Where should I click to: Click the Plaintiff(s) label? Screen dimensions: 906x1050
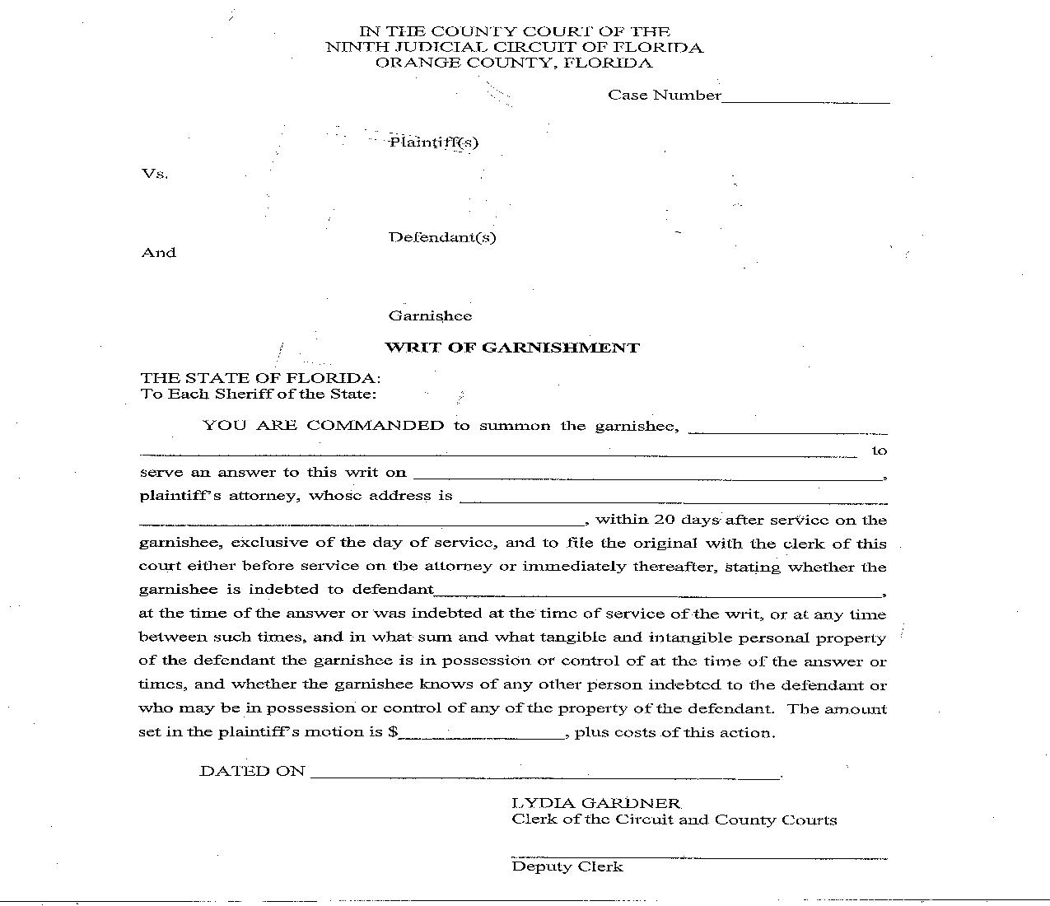(434, 142)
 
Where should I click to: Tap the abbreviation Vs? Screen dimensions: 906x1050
(155, 174)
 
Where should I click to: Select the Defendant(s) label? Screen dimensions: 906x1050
(442, 238)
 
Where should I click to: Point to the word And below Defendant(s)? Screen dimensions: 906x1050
(159, 253)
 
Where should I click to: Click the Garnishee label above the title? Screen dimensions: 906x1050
(430, 316)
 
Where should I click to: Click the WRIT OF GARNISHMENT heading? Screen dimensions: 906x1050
(512, 348)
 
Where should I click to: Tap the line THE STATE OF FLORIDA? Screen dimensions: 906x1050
(260, 378)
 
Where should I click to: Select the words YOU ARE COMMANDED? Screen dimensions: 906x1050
(323, 426)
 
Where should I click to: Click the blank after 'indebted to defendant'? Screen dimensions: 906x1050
(658, 593)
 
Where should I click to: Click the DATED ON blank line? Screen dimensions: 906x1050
(544, 775)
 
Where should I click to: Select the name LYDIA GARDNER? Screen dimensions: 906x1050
(596, 803)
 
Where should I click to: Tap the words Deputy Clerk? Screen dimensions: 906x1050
(567, 866)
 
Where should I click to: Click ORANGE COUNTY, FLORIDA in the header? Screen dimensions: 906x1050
(514, 63)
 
